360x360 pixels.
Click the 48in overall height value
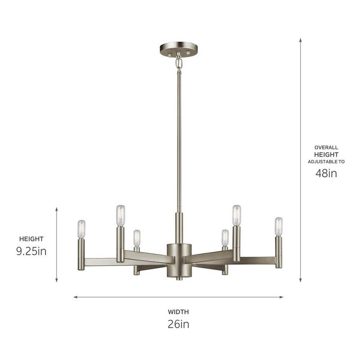pyautogui.click(x=326, y=173)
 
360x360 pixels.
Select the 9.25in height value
pyautogui.click(x=31, y=251)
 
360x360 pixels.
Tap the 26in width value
pyautogui.click(x=178, y=324)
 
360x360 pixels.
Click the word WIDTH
pyautogui.click(x=178, y=312)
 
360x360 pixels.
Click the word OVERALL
pyautogui.click(x=326, y=147)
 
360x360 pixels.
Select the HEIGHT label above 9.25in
pyautogui.click(x=31, y=239)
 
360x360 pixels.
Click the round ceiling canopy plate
pyautogui.click(x=179, y=49)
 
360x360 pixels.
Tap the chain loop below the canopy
pyautogui.click(x=179, y=63)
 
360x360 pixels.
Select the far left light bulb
pyautogui.click(x=81, y=229)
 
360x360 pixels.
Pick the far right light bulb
pyautogui.click(x=279, y=226)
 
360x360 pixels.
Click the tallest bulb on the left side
pyautogui.click(x=120, y=215)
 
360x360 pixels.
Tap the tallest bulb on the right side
pyautogui.click(x=237, y=215)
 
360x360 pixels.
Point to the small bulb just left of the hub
pyautogui.click(x=137, y=238)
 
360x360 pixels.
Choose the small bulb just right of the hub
pyautogui.click(x=225, y=238)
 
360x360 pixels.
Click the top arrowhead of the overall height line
pyautogui.click(x=300, y=39)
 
